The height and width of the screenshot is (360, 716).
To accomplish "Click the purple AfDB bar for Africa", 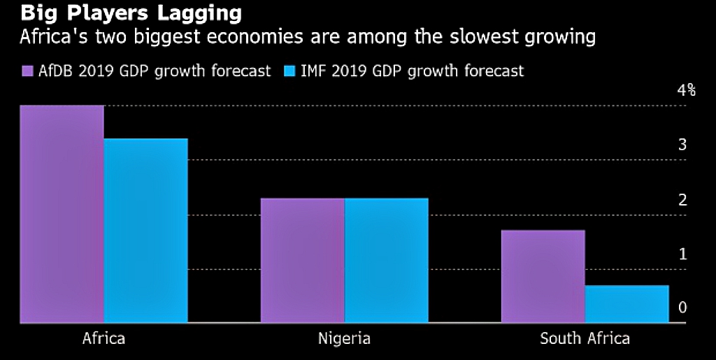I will point(62,214).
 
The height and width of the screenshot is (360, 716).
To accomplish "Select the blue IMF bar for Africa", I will point(145,231).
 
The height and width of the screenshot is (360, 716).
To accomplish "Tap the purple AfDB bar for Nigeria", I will point(302,260).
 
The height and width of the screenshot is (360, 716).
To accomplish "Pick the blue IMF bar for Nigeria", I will point(386,260).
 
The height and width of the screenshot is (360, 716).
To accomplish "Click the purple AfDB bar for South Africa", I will point(543,276).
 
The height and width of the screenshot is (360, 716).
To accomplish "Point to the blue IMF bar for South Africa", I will point(626,304).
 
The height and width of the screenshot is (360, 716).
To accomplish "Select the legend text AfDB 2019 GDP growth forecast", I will point(154,71).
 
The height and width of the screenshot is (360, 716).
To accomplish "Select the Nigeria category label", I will point(344,339).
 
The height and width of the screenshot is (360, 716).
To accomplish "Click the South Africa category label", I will point(585,339).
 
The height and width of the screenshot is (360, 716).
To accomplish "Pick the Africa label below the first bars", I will point(103,339).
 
